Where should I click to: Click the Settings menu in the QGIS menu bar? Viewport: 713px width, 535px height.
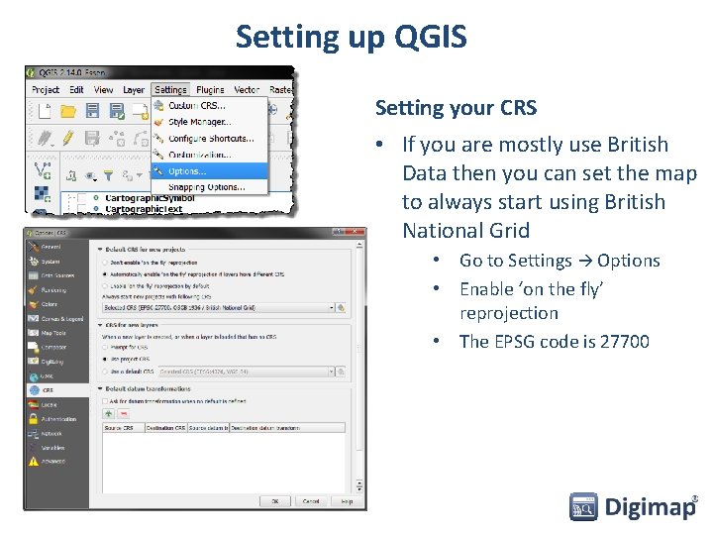pos(170,89)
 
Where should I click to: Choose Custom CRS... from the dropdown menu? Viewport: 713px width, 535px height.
pos(196,106)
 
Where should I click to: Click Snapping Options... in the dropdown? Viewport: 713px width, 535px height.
pos(206,186)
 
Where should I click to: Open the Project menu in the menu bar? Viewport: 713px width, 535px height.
pos(46,89)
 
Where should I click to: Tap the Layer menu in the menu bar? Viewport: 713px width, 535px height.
pos(134,89)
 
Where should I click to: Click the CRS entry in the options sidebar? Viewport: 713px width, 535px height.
pos(48,390)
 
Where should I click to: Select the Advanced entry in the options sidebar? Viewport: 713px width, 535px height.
pos(53,462)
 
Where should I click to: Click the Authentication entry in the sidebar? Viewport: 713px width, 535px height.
pos(58,419)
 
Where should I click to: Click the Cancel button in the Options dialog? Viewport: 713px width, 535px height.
pos(311,501)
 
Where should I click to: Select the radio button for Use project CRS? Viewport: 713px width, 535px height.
pos(106,358)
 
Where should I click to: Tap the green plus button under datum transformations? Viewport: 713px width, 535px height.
pos(110,414)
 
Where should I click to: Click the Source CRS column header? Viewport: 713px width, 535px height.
pos(119,428)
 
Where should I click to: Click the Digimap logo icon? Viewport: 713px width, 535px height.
pos(583,507)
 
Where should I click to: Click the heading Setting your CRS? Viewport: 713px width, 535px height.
pos(456,107)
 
